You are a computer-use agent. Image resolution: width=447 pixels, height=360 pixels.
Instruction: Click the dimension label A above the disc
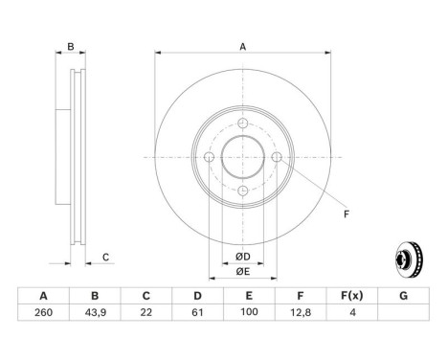[x=243, y=46]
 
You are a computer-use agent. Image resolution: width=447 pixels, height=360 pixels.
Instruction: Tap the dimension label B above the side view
[x=69, y=46]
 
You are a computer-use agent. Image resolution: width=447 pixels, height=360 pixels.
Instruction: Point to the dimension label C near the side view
[x=105, y=256]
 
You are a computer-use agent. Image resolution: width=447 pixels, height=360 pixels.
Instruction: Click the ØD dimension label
[x=243, y=257]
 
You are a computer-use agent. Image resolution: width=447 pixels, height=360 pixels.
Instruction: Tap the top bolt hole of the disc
[x=243, y=123]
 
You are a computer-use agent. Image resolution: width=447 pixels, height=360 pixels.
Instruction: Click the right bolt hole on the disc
[x=277, y=157]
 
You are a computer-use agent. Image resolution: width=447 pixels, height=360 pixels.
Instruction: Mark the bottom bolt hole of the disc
[x=243, y=191]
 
